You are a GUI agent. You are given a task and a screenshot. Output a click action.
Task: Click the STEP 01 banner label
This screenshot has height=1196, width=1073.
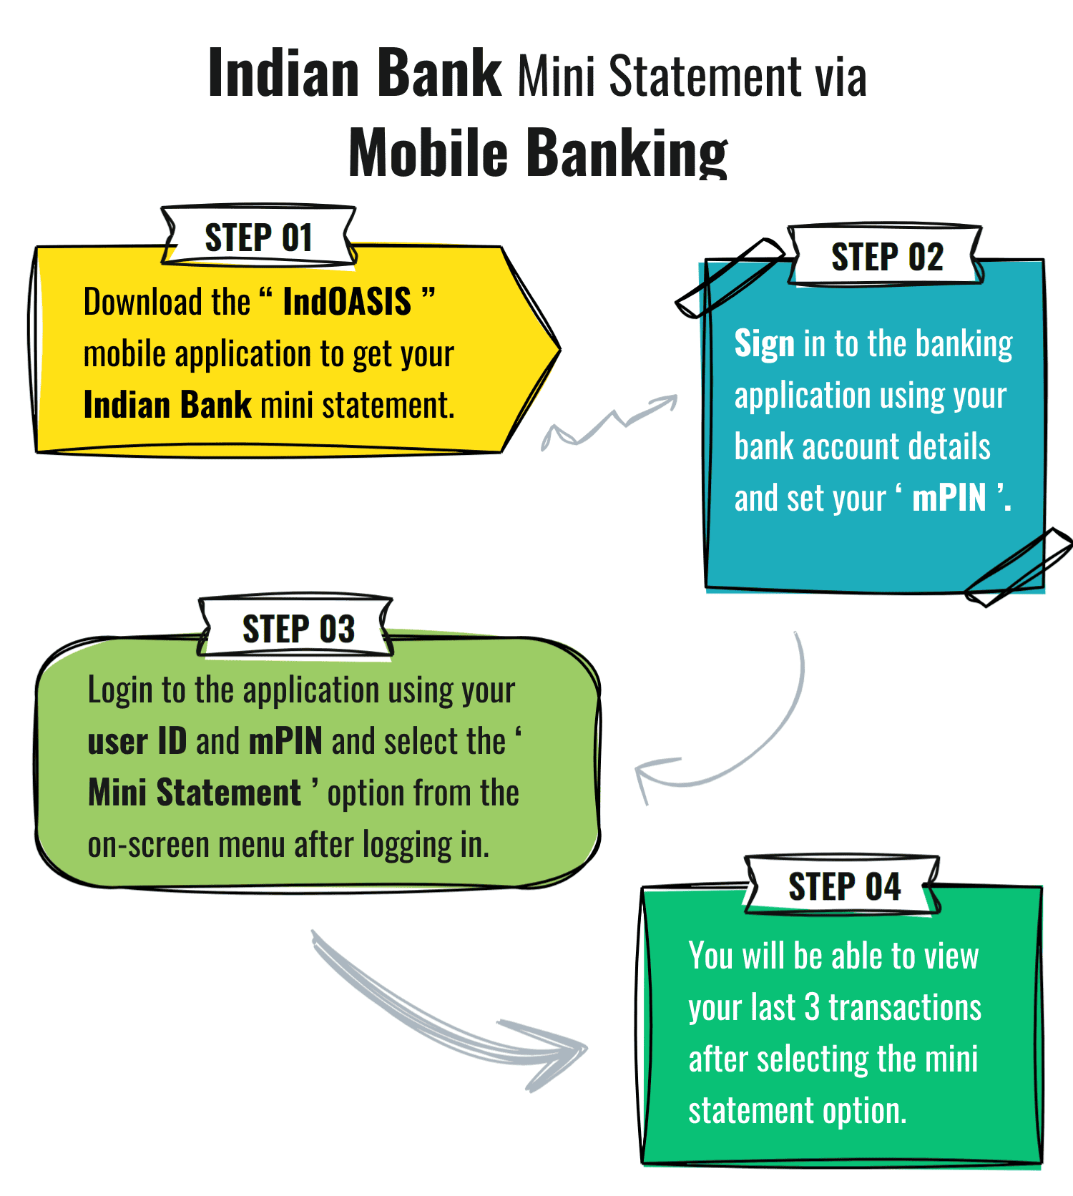(x=258, y=237)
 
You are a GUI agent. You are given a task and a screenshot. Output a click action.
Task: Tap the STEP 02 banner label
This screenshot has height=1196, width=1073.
(x=886, y=257)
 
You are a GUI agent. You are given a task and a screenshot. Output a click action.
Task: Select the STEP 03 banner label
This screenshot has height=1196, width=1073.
(x=298, y=629)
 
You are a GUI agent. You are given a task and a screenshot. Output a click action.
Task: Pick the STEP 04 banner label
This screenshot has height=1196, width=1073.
(x=844, y=887)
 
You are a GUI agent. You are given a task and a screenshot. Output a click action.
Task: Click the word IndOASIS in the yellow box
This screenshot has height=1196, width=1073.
(x=347, y=302)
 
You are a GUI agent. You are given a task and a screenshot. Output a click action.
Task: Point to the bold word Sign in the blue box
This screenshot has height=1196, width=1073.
(x=764, y=344)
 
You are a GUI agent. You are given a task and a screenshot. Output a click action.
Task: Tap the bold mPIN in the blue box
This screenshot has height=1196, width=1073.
(x=949, y=498)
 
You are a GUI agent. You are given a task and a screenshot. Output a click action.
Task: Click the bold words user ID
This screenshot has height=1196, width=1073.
(x=137, y=742)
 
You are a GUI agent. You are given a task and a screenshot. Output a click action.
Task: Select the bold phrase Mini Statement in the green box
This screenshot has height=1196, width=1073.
(x=195, y=793)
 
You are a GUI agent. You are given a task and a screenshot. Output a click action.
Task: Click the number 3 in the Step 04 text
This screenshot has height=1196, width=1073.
(x=812, y=1008)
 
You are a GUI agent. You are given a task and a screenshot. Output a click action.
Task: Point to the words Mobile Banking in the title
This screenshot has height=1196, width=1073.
(x=538, y=152)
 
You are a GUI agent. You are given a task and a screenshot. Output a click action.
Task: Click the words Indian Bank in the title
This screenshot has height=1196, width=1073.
(x=355, y=73)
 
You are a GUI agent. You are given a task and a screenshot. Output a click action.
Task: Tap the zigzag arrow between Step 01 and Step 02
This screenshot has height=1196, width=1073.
(x=608, y=423)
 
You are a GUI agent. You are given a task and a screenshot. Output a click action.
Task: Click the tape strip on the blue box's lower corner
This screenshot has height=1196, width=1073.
(x=1019, y=567)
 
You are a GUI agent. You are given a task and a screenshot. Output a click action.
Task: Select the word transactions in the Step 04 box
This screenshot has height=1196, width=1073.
(x=905, y=1008)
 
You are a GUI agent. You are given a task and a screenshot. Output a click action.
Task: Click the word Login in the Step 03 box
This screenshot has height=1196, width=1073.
(x=120, y=690)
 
